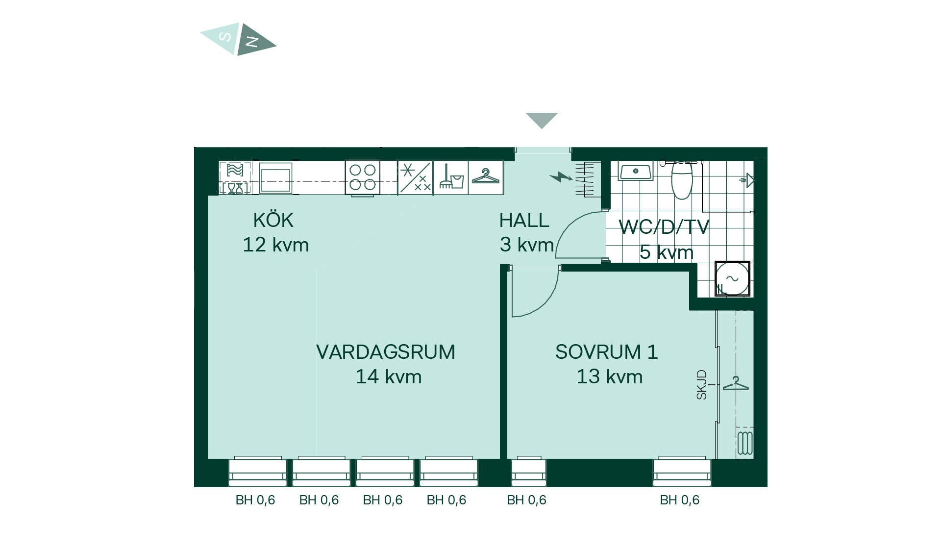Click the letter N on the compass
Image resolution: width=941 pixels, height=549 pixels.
(x=252, y=42)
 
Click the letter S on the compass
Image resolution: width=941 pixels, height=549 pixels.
(x=224, y=36)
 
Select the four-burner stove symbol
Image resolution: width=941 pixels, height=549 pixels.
(x=363, y=177)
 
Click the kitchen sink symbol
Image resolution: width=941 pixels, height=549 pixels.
(x=275, y=178)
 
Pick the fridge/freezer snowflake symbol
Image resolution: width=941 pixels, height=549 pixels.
(x=415, y=177)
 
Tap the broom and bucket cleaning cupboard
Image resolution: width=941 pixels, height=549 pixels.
(x=451, y=177)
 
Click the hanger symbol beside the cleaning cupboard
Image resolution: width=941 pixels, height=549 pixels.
(x=486, y=176)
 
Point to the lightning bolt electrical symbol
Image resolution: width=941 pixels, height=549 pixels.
(x=561, y=176)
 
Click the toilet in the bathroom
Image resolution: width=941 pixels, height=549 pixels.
(x=682, y=179)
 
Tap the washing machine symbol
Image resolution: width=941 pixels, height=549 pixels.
(x=732, y=279)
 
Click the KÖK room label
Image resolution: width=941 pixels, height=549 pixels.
(x=273, y=220)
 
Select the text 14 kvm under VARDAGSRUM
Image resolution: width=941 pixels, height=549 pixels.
(x=389, y=376)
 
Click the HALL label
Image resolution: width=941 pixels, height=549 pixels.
(x=524, y=221)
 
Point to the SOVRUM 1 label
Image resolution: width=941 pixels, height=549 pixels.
(x=606, y=352)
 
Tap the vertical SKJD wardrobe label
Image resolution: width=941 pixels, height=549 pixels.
(x=702, y=385)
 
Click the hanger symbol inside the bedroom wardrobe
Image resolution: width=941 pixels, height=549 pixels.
(x=736, y=383)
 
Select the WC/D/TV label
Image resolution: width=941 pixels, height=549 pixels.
(x=664, y=227)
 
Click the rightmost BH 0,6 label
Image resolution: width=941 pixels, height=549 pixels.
(x=680, y=500)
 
